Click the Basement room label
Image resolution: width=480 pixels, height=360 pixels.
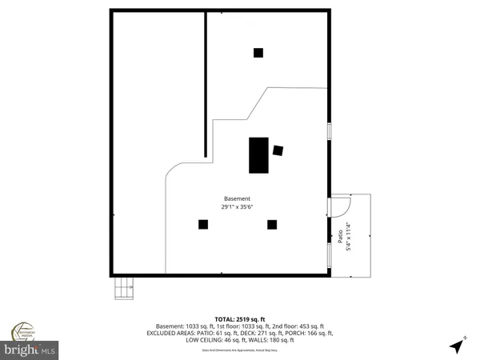click(x=237, y=198)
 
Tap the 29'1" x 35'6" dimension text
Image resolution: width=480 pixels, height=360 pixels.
click(x=237, y=206)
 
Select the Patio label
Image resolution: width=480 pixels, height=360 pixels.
click(x=339, y=238)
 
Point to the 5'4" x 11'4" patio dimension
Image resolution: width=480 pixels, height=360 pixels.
click(x=348, y=238)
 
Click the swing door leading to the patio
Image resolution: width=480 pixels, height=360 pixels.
click(x=339, y=206)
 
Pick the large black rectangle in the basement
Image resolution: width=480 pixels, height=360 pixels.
click(x=258, y=155)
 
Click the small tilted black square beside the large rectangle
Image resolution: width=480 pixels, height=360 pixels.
click(x=278, y=150)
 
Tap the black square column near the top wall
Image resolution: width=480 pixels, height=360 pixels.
click(x=258, y=53)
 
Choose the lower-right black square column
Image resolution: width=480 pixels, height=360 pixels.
click(x=272, y=225)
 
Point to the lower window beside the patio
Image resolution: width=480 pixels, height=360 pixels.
click(x=329, y=255)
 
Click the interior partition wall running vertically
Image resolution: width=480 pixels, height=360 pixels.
click(x=206, y=84)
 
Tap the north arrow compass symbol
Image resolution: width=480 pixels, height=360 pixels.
click(x=457, y=346)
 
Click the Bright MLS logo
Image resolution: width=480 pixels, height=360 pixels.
click(x=32, y=350)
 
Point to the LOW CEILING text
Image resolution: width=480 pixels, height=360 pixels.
click(x=206, y=340)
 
